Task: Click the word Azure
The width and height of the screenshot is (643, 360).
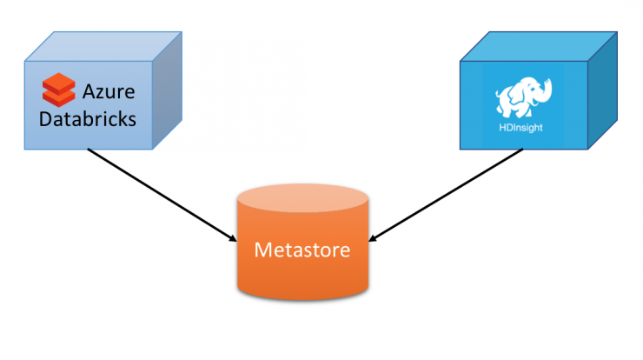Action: click(x=109, y=91)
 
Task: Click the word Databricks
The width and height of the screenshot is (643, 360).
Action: click(x=88, y=119)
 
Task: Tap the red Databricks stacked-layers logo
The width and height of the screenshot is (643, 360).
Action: click(x=58, y=90)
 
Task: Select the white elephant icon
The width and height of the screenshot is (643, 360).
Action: click(x=524, y=97)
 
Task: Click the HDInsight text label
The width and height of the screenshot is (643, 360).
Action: click(x=520, y=128)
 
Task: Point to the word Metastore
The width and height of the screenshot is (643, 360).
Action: click(x=302, y=250)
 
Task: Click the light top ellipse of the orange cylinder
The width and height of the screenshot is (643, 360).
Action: click(x=302, y=198)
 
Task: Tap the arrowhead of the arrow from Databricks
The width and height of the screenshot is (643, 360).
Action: click(x=233, y=237)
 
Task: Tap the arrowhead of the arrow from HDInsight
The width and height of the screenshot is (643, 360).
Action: click(x=373, y=237)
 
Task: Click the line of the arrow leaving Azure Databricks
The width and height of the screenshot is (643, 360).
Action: click(x=162, y=196)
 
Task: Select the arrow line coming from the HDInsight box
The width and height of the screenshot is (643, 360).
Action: click(x=446, y=195)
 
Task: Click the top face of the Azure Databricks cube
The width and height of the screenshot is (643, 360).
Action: click(x=103, y=46)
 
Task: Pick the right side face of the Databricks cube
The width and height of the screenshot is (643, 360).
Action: click(x=168, y=90)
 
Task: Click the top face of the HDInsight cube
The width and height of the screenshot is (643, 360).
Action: click(x=539, y=46)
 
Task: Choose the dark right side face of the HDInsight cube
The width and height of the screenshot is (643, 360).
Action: click(x=603, y=90)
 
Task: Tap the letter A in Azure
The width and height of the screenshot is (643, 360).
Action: click(x=90, y=91)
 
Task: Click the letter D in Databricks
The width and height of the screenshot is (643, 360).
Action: click(x=46, y=119)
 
